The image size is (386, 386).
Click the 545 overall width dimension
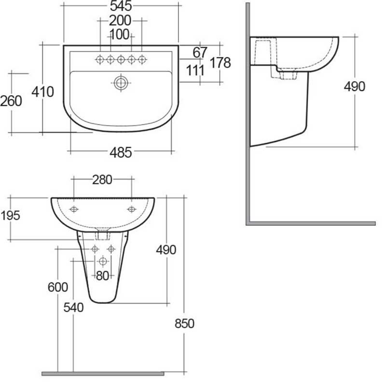(x=121, y=6)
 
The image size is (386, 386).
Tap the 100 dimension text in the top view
(x=120, y=34)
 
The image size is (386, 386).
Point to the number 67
(x=200, y=52)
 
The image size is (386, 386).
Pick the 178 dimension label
(x=221, y=62)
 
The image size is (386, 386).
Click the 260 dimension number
(x=11, y=101)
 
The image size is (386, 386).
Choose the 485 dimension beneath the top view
(x=121, y=153)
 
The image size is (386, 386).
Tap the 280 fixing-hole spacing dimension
(x=102, y=180)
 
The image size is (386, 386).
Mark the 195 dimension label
(x=11, y=215)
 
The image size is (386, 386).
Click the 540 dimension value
(x=73, y=307)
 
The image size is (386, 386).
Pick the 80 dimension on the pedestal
(x=102, y=276)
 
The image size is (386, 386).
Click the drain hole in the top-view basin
(x=121, y=83)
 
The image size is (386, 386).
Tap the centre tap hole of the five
(x=121, y=59)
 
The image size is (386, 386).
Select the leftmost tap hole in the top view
(x=100, y=59)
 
